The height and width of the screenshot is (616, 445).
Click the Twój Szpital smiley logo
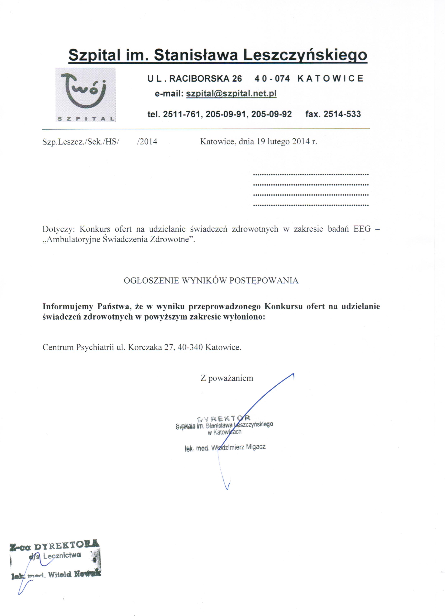pos(85,92)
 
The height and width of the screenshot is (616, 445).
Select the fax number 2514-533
pos(342,114)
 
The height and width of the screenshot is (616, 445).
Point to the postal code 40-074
pos(272,79)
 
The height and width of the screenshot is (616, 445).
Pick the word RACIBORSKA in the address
pos(200,79)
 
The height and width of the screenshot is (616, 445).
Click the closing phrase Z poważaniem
pos(227,378)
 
